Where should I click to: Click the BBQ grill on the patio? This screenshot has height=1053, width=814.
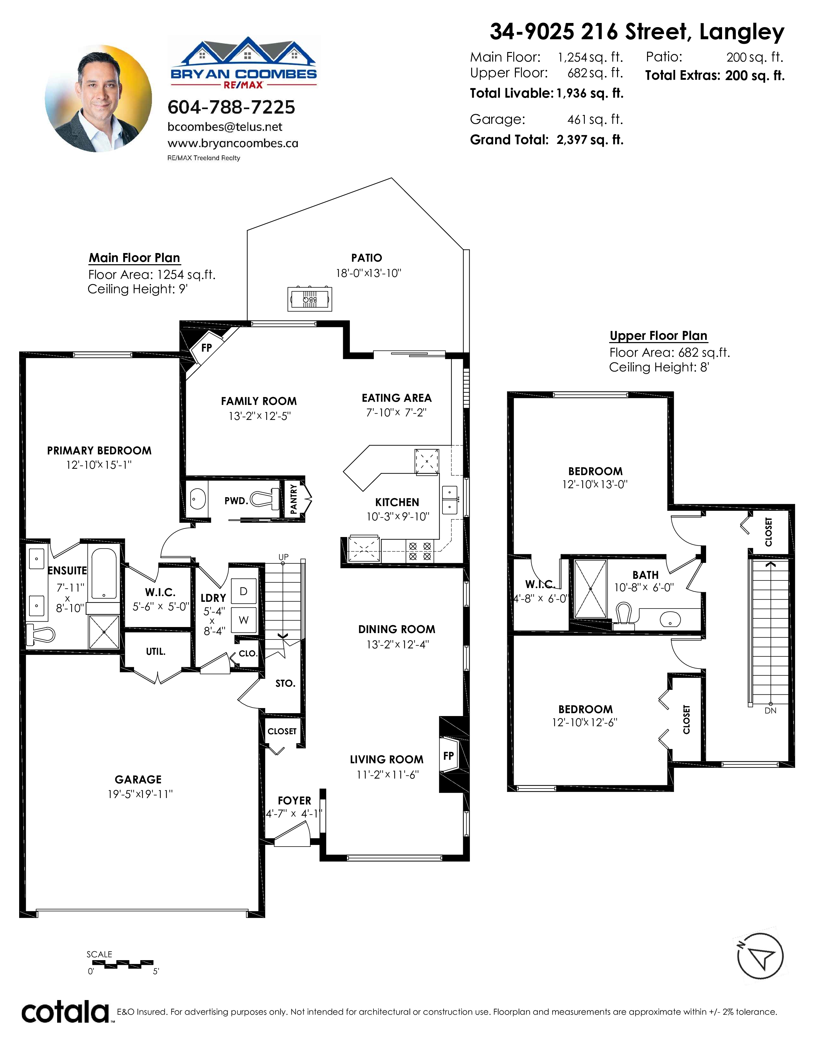click(310, 299)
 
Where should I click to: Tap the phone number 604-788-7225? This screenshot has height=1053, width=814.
click(231, 107)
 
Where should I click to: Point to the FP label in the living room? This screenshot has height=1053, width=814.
click(448, 756)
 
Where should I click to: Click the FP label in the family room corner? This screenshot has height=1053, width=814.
click(207, 347)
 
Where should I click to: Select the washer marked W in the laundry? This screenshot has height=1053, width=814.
click(244, 620)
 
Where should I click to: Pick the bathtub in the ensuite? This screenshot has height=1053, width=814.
click(104, 573)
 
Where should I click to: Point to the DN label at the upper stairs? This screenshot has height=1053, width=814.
click(771, 711)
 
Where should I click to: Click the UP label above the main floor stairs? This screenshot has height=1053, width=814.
click(283, 557)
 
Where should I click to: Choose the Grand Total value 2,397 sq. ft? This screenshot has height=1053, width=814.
click(590, 140)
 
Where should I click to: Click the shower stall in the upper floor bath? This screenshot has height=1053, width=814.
click(591, 589)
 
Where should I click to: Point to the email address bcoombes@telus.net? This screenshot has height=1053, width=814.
click(225, 127)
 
